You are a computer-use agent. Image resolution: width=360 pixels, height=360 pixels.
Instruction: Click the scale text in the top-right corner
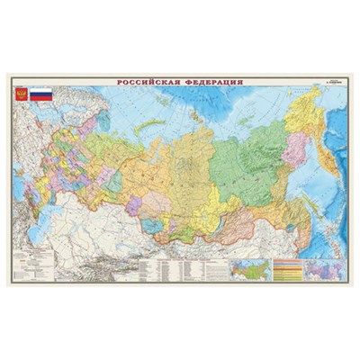331,85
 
